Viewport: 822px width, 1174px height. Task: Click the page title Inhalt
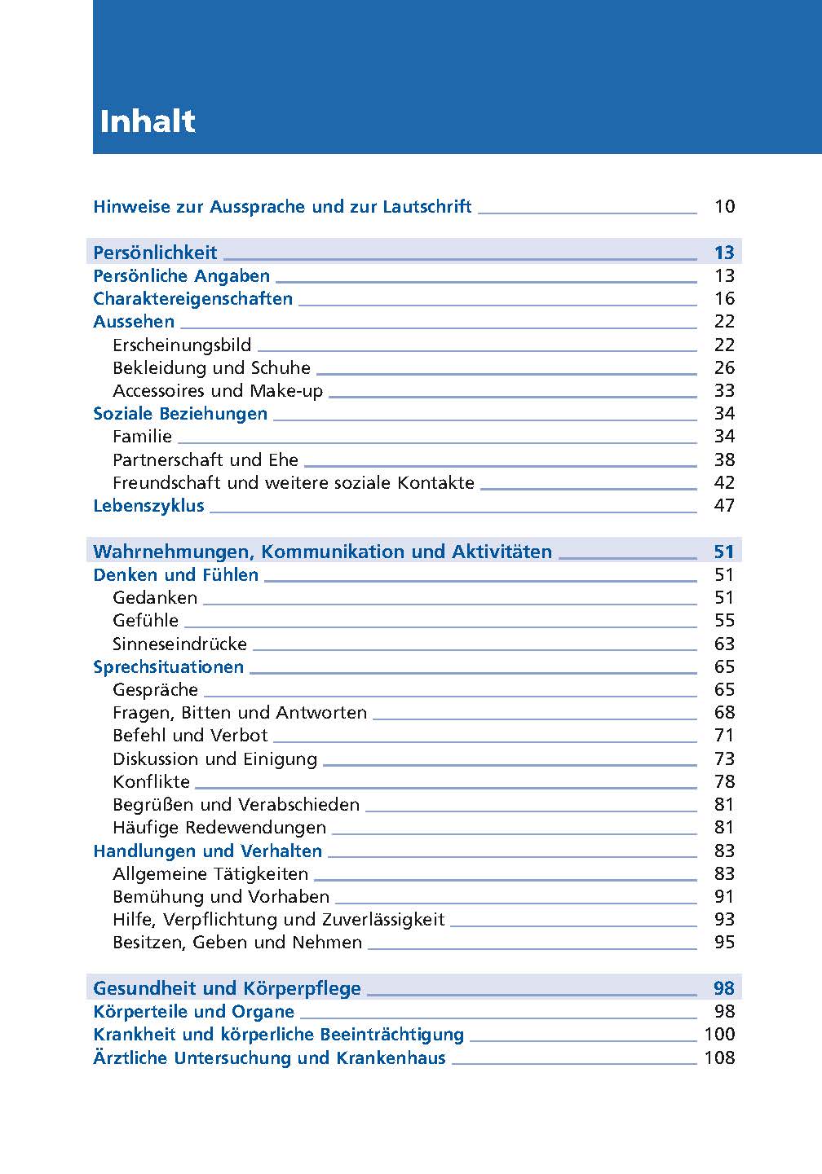(x=148, y=121)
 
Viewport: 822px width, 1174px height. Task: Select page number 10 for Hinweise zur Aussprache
(x=724, y=207)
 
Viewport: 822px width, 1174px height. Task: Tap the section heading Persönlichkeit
(x=155, y=253)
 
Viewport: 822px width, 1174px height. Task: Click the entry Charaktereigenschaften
(x=192, y=299)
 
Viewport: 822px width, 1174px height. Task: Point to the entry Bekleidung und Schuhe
(x=211, y=368)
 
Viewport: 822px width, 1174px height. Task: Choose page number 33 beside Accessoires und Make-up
(x=724, y=391)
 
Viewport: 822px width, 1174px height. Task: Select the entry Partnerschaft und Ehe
(x=205, y=460)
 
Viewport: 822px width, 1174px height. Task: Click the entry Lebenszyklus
(x=148, y=506)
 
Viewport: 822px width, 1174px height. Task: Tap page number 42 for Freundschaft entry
(x=724, y=483)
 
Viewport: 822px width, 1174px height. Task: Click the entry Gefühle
(x=145, y=621)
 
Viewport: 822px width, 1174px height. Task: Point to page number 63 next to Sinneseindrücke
(x=724, y=644)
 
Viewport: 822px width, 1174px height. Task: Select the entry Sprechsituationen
(x=168, y=667)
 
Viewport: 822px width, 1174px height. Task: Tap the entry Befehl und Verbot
(x=190, y=736)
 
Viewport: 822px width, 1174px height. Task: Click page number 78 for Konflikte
(x=724, y=782)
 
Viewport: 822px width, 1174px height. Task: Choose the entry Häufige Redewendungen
(x=219, y=828)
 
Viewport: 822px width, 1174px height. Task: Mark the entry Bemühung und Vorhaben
(x=221, y=897)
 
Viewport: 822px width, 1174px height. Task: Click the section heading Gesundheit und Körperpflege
(x=227, y=989)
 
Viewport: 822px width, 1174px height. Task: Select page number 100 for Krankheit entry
(x=719, y=1035)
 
